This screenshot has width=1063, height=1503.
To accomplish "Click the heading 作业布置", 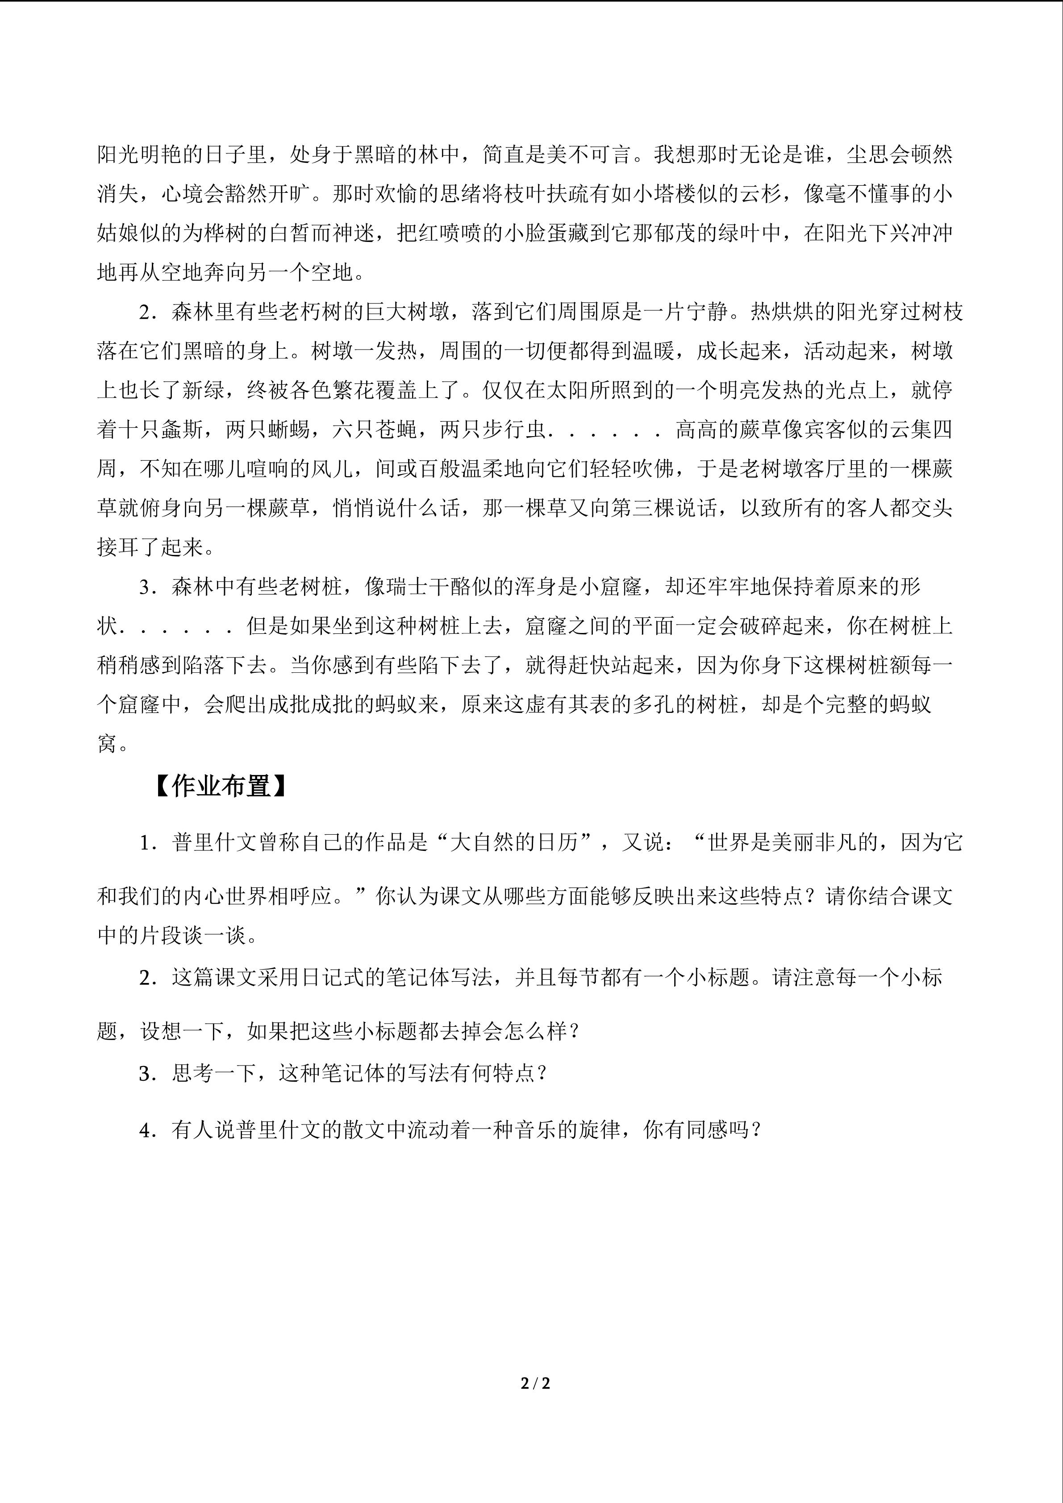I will coord(221,786).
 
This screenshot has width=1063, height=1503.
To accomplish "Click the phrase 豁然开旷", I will coord(268,194).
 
